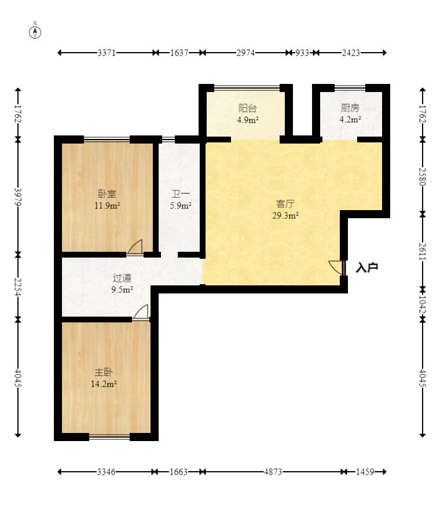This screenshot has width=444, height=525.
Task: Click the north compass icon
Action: (x=35, y=32)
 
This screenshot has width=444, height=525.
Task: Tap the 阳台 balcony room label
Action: (x=248, y=108)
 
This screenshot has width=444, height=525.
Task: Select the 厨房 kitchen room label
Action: (x=350, y=108)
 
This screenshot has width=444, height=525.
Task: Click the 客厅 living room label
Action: (x=285, y=204)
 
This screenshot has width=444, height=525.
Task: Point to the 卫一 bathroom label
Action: (x=181, y=194)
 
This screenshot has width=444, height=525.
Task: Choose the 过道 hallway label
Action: (x=122, y=278)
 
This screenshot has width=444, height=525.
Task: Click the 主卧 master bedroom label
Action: (x=104, y=372)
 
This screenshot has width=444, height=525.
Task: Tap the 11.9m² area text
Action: (x=107, y=205)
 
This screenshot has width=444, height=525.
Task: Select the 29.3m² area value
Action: (x=285, y=215)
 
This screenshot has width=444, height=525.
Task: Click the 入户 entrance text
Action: (x=367, y=267)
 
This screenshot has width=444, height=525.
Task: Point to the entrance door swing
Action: (x=336, y=267)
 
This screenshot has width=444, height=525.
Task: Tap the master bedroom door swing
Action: (x=141, y=312)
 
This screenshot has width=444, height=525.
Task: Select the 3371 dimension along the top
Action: (x=107, y=53)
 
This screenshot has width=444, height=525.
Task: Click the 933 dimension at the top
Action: (x=302, y=53)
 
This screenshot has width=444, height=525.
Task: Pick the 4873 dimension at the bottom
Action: (x=273, y=472)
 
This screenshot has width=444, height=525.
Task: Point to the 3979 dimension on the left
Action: (x=18, y=197)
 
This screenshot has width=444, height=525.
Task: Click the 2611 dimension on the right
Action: (x=423, y=251)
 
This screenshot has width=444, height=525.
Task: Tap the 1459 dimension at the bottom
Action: (x=365, y=472)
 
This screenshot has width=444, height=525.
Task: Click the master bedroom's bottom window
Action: (x=109, y=436)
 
